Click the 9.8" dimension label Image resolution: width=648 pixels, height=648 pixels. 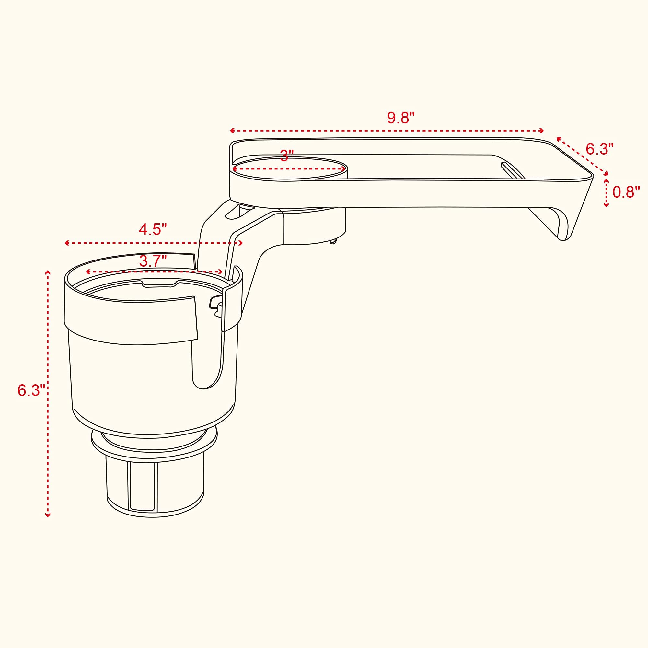401,118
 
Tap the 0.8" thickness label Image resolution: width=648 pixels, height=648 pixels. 626,192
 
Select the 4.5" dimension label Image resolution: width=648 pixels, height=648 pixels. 153,230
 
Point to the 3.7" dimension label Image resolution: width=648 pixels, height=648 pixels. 153,261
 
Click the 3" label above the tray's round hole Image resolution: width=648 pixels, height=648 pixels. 287,156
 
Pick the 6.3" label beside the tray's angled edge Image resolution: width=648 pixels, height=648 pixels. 600,149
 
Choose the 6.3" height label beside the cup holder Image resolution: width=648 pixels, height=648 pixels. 31,390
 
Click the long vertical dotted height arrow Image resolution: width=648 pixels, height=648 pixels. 48,394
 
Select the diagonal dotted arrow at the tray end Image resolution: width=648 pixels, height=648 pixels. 582,156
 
